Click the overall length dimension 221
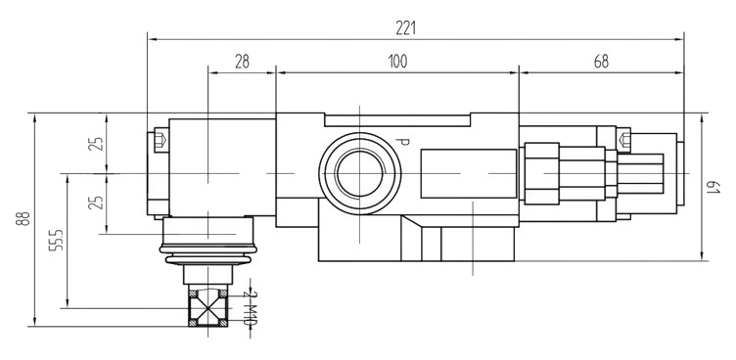coord(405,28)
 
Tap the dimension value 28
coord(242,62)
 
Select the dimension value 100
coord(397,62)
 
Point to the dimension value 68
coord(601,62)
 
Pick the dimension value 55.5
coord(56,241)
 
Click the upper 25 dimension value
coord(96,144)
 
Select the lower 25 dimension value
coord(96,202)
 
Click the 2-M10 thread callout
coord(251,308)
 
